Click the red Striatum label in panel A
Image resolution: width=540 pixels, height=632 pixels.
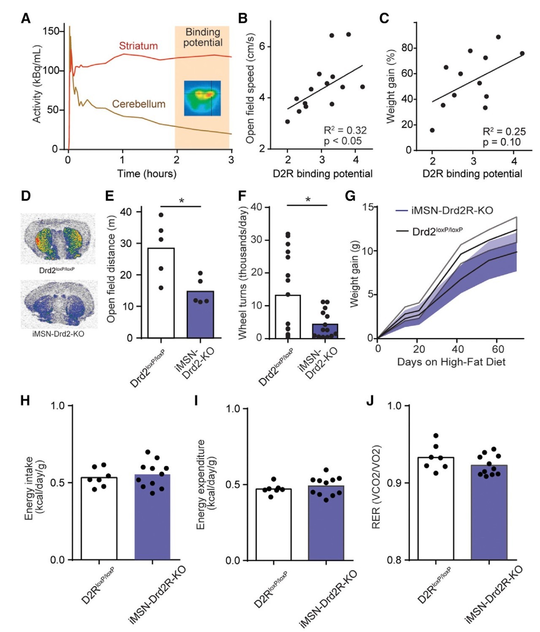138,46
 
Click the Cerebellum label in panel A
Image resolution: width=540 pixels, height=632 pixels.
138,104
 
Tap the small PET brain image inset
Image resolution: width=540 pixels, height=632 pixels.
202,98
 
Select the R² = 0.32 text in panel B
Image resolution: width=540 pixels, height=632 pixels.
345,130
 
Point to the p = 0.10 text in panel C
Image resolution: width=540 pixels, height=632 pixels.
502,142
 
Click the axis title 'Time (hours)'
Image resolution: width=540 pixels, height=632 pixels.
146,173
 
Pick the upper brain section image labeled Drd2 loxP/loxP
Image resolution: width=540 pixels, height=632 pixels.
59,239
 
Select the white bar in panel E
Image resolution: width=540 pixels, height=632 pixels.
161,293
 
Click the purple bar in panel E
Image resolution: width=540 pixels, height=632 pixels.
200,315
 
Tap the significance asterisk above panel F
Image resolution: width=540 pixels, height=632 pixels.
308,199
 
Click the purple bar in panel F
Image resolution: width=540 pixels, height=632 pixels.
325,331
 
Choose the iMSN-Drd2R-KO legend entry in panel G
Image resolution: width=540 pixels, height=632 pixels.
451,210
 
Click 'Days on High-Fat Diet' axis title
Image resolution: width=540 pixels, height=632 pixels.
451,362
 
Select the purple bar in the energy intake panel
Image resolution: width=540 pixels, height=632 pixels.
152,517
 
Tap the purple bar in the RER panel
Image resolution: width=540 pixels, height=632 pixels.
489,512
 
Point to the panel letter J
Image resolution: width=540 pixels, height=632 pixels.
370,401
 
